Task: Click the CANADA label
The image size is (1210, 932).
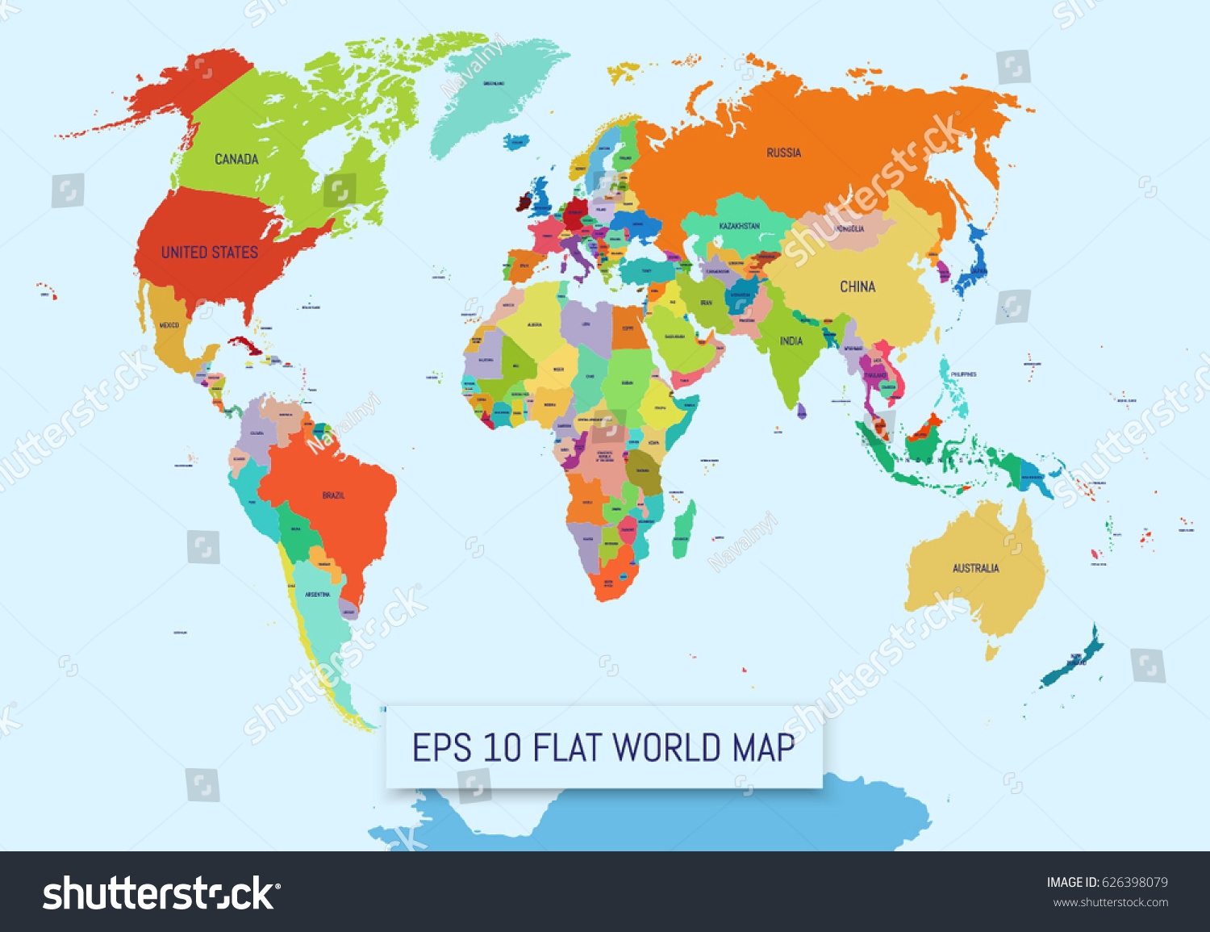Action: pyautogui.click(x=236, y=159)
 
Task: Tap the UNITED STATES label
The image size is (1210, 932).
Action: pyautogui.click(x=209, y=253)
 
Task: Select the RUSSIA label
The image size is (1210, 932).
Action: pyautogui.click(x=783, y=153)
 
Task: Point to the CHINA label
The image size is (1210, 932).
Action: pyautogui.click(x=857, y=286)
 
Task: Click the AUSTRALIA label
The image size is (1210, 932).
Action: pyautogui.click(x=975, y=568)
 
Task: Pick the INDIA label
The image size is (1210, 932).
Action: pyautogui.click(x=791, y=341)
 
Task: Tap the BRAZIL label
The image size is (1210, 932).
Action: pyautogui.click(x=333, y=495)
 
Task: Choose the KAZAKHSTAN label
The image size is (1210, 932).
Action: pyautogui.click(x=739, y=226)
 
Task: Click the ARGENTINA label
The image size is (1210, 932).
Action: pyautogui.click(x=317, y=595)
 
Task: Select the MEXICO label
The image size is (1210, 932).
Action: pyautogui.click(x=169, y=325)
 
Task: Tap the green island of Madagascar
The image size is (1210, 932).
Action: pyautogui.click(x=684, y=529)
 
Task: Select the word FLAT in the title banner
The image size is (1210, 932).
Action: pyautogui.click(x=569, y=748)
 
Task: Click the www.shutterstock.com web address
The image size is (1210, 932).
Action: pyautogui.click(x=1110, y=903)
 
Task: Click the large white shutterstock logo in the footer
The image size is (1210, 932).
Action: pyautogui.click(x=159, y=894)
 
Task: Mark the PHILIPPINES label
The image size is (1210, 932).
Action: pyautogui.click(x=963, y=374)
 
